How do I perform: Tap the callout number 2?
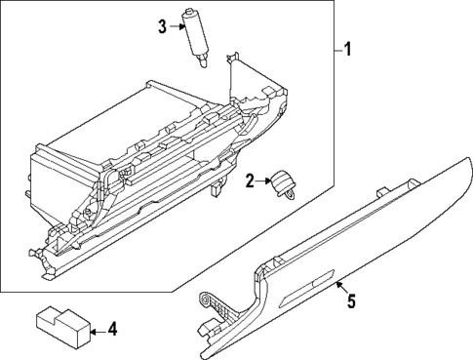click(x=250, y=180)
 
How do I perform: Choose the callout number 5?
click(x=351, y=301)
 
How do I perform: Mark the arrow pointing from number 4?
click(x=98, y=332)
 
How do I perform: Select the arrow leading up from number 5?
click(x=340, y=286)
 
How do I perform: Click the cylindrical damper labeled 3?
click(x=195, y=35)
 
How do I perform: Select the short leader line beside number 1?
click(x=335, y=49)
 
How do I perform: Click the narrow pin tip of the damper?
click(x=202, y=63)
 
